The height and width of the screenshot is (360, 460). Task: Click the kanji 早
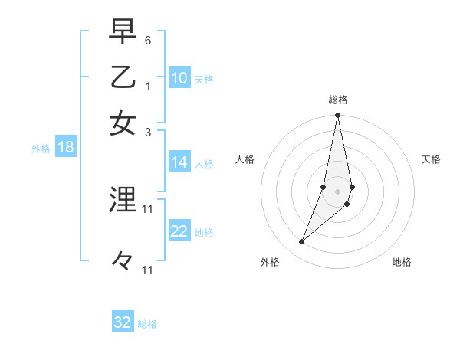[x=123, y=32]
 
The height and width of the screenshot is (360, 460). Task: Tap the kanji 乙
[x=123, y=77]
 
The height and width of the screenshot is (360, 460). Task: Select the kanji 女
[x=123, y=123]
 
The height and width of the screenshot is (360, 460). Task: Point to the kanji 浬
[x=123, y=200]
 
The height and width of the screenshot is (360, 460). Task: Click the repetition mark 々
[x=123, y=261]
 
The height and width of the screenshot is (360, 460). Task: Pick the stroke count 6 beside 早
[x=148, y=40]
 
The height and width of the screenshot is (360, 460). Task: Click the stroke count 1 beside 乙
[x=148, y=86]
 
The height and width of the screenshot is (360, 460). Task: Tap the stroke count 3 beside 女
[x=148, y=131]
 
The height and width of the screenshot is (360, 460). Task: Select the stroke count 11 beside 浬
[x=148, y=208]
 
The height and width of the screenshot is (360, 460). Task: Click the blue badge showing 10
[x=179, y=78]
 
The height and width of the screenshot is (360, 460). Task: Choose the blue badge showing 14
[x=179, y=162]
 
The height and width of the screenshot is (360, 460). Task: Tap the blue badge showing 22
[x=179, y=232]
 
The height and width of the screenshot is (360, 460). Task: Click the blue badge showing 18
[x=66, y=148]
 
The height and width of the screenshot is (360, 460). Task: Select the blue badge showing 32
[x=123, y=322]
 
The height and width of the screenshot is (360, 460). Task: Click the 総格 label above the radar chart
[x=338, y=100]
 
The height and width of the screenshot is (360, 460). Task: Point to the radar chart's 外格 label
[x=270, y=262]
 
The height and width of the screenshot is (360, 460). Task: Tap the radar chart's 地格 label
[x=402, y=262]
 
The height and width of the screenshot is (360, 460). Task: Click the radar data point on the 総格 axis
[x=338, y=116]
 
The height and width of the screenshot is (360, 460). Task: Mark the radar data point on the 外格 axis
[x=301, y=242]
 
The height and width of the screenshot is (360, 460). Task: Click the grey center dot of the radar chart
[x=338, y=191]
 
